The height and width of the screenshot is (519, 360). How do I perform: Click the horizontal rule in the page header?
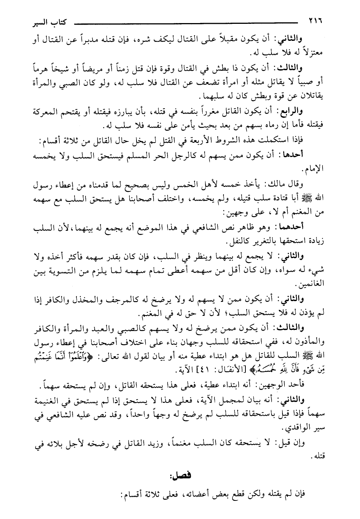[189, 23]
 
